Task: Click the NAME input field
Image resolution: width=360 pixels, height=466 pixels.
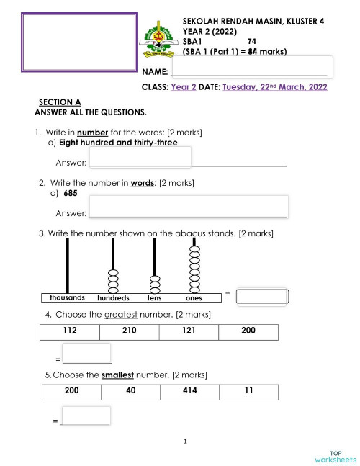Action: coord(251,66)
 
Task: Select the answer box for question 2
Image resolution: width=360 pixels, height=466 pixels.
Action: coord(189,206)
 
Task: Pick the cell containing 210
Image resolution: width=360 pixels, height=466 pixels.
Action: coord(130,331)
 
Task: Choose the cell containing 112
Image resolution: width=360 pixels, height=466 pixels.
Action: coord(71,331)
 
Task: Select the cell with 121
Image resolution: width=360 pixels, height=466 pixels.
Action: coord(189,331)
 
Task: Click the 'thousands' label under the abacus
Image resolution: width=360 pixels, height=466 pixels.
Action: coord(67,297)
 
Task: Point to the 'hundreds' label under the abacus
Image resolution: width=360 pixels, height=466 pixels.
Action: coord(113,298)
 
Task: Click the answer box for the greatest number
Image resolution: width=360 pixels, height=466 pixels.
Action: coord(86,354)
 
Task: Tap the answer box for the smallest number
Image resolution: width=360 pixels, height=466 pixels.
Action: coord(86,416)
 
